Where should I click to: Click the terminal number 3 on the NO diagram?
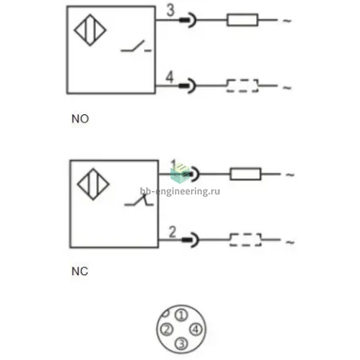pos(170,10)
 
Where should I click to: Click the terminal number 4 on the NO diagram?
pos(170,77)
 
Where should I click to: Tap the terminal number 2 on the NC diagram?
pos(173,232)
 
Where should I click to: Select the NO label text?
pos(80,119)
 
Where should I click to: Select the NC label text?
pos(80,271)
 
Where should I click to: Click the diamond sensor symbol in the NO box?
pos(90,30)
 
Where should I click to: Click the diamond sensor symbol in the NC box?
pos(93,184)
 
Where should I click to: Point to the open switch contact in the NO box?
pos(136,46)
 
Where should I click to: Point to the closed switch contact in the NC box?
pos(139,200)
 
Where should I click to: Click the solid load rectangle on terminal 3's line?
pos(242,20)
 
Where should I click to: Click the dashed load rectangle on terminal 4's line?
pos(242,86)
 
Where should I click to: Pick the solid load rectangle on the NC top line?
pos(246,174)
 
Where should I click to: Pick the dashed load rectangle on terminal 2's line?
pos(246,240)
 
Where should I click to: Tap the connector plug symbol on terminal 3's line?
pos(188,20)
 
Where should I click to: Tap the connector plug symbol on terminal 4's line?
pos(187,86)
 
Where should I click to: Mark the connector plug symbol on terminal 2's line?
pos(190,240)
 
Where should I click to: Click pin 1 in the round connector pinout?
pos(182,315)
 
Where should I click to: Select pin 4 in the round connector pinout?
pos(196,330)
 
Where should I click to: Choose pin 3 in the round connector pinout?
pos(182,343)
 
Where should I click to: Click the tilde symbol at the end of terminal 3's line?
pos(287,20)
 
